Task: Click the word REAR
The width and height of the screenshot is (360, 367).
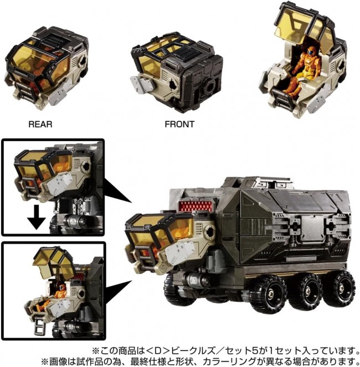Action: point(40,124)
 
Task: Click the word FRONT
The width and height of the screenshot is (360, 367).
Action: point(179,124)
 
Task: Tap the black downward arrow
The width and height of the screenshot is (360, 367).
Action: point(37,217)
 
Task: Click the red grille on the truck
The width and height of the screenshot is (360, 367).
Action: point(196,206)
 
